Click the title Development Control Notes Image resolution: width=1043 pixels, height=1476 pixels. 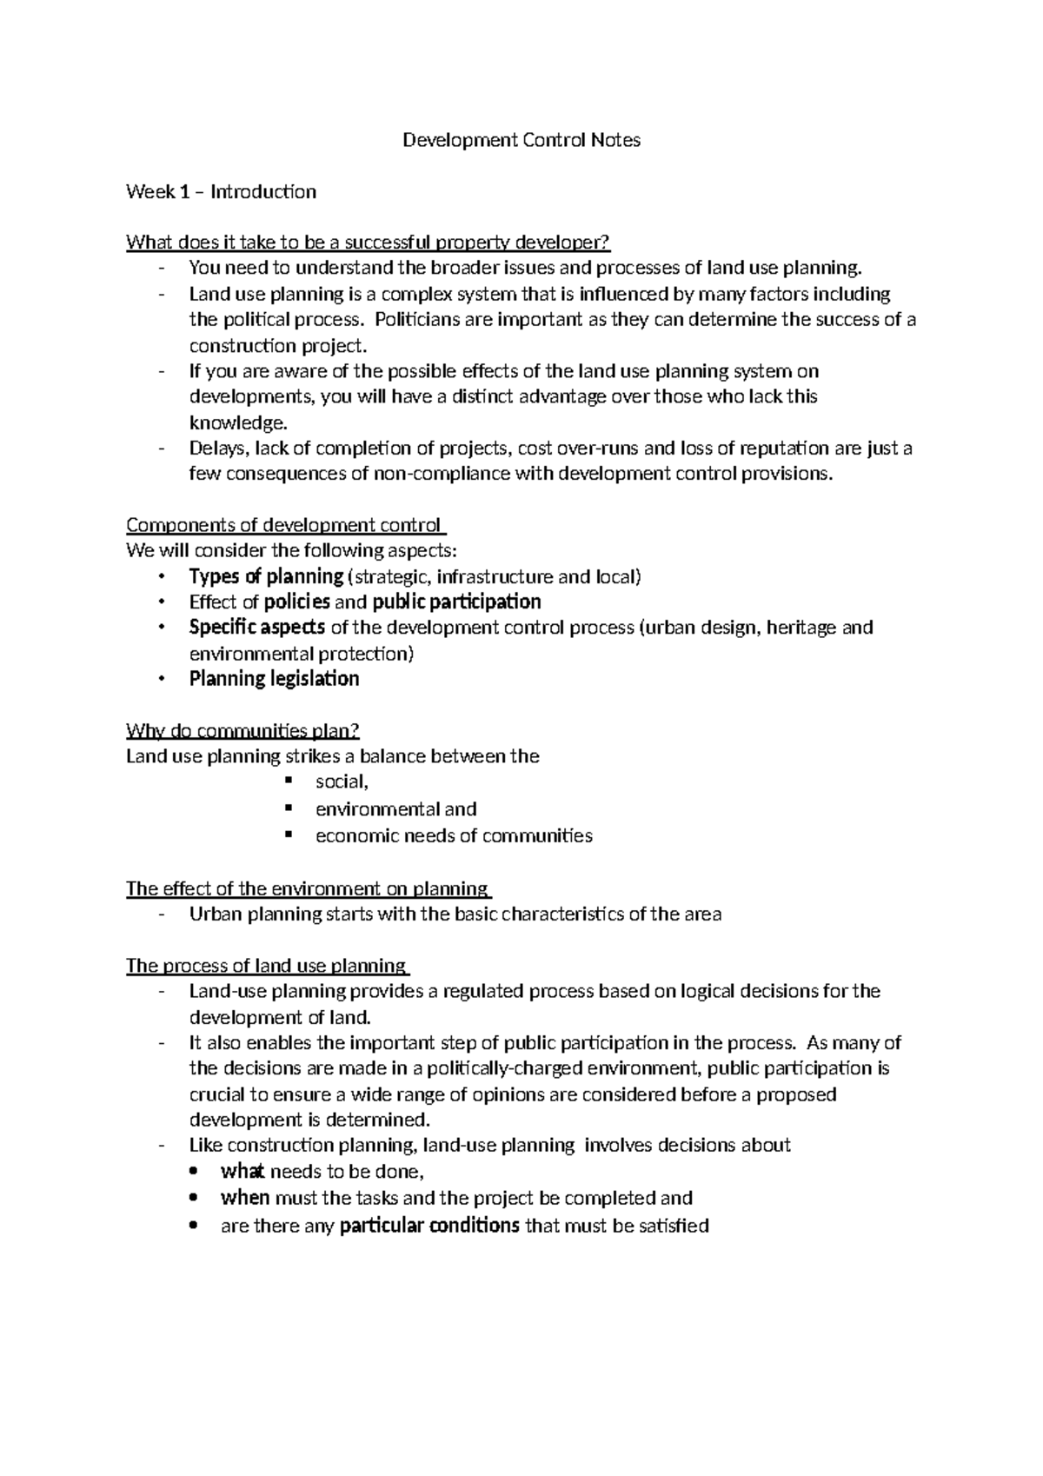(x=521, y=140)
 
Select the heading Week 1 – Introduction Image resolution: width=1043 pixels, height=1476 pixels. (x=221, y=191)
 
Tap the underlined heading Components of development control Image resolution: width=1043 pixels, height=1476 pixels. (x=285, y=525)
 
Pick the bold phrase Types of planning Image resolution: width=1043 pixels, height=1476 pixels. (x=266, y=576)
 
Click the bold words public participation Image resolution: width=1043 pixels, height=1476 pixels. (x=456, y=602)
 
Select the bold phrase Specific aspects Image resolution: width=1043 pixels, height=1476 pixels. (x=257, y=627)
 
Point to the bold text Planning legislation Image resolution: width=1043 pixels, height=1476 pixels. (x=274, y=678)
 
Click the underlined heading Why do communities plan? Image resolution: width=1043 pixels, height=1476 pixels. (x=242, y=730)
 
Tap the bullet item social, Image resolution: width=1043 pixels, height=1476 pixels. (x=342, y=782)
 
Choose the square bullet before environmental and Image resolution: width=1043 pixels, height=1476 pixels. (x=288, y=808)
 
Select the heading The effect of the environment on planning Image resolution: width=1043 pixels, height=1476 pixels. (x=308, y=888)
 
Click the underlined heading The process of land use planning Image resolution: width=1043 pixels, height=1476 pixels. (x=267, y=966)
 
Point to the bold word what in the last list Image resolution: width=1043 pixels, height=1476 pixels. (x=242, y=1171)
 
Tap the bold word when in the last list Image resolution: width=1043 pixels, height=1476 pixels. (x=245, y=1198)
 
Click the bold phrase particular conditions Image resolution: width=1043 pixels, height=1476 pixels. (x=429, y=1226)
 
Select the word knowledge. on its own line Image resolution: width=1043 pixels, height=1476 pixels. (x=237, y=422)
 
